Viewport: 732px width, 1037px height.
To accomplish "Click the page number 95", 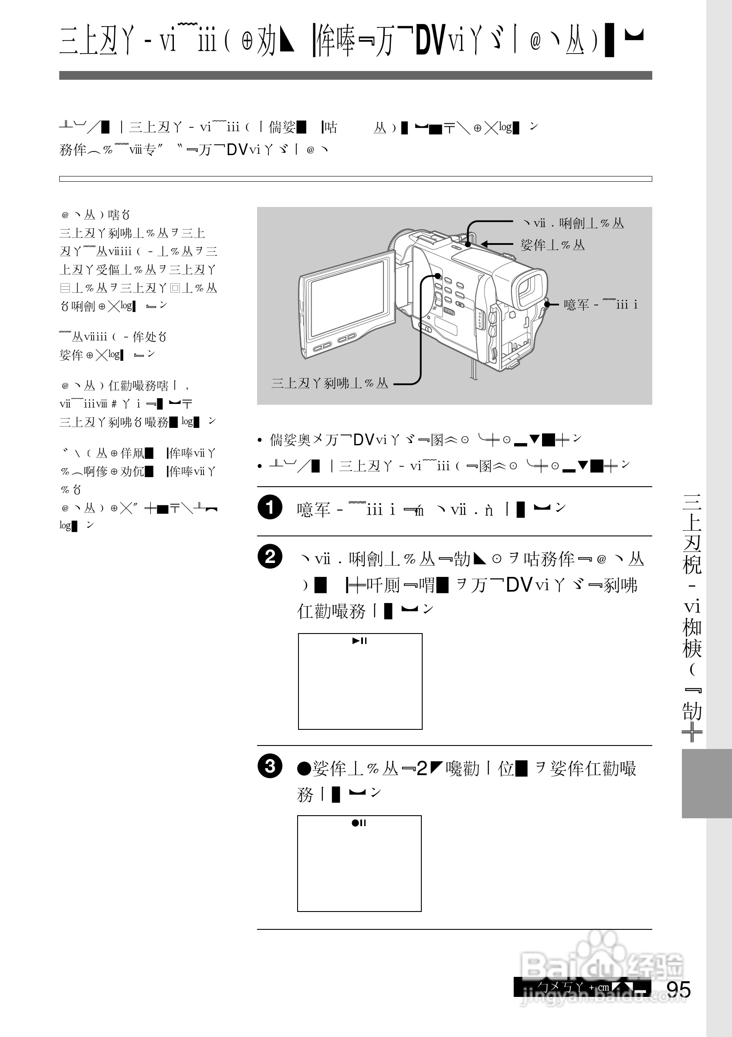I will pyautogui.click(x=678, y=990).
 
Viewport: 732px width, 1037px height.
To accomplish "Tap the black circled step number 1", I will pyautogui.click(x=270, y=507).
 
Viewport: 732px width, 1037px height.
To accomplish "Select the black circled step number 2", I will pyautogui.click(x=270, y=556).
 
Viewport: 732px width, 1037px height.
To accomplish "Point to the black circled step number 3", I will pyautogui.click(x=270, y=766).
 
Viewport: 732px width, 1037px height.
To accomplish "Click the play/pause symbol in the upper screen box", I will pyautogui.click(x=360, y=640).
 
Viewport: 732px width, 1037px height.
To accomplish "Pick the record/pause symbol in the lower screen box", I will pyautogui.click(x=359, y=823).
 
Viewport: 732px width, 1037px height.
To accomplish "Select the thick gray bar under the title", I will pyautogui.click(x=356, y=75).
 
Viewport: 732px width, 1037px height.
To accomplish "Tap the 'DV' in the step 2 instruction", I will pyautogui.click(x=520, y=585).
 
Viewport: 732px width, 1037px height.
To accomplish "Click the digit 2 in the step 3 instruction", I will pyautogui.click(x=422, y=768).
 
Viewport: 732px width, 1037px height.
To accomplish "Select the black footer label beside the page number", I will pyautogui.click(x=582, y=987).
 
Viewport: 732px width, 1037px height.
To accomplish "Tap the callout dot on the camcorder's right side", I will pyautogui.click(x=547, y=305).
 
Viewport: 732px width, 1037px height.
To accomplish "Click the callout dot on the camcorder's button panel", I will pyautogui.click(x=437, y=275).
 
